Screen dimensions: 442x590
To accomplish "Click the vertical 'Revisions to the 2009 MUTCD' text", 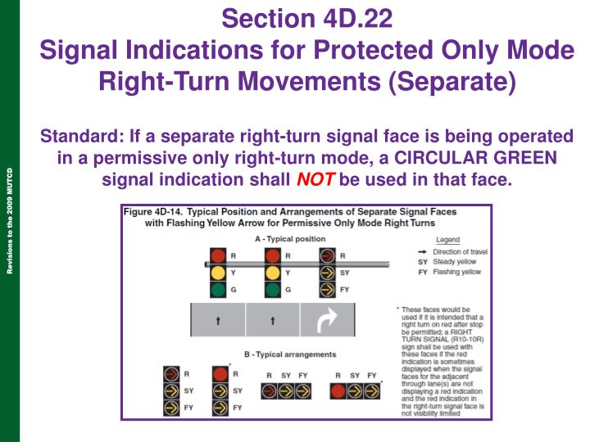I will tap(9, 221).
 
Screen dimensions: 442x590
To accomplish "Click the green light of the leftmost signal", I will tap(218, 290).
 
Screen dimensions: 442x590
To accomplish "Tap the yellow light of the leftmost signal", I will tap(218, 273).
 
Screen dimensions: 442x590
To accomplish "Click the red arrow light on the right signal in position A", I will tap(327, 255).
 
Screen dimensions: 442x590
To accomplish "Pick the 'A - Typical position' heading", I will tap(284, 239).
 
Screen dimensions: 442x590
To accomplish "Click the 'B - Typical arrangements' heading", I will tap(284, 354).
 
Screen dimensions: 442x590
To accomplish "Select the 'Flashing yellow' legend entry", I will tap(456, 272).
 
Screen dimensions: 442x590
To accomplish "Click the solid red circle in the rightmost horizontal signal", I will tap(338, 391).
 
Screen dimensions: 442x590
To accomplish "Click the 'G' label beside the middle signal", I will tap(288, 290).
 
